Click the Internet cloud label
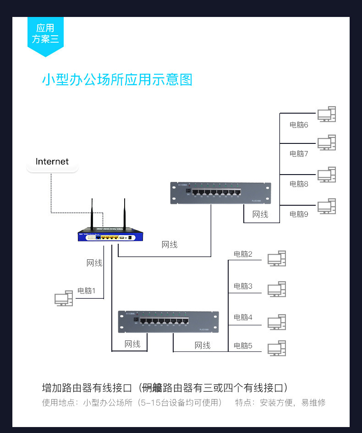pyautogui.click(x=52, y=162)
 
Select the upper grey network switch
pyautogui.click(x=220, y=193)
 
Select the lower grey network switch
pyautogui.click(x=168, y=322)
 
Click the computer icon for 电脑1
pyautogui.click(x=64, y=298)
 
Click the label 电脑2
pyautogui.click(x=243, y=254)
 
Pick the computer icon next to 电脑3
pyautogui.click(x=277, y=290)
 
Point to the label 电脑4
pyautogui.click(x=243, y=317)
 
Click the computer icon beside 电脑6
pyautogui.click(x=326, y=115)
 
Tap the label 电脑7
pyautogui.click(x=299, y=154)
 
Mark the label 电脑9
pyautogui.click(x=299, y=214)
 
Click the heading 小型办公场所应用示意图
pyautogui.click(x=117, y=80)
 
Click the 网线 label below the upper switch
pyautogui.click(x=260, y=214)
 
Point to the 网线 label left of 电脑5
pyautogui.click(x=203, y=345)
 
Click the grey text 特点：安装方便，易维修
pyautogui.click(x=280, y=403)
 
